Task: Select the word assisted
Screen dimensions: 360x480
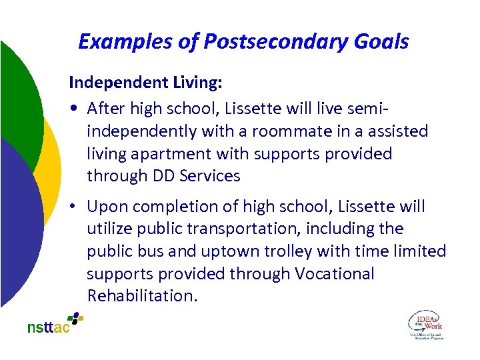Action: (395, 131)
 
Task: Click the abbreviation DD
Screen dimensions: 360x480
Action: (165, 177)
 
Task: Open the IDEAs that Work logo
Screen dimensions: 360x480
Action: (425, 325)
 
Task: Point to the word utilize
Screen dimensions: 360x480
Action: (109, 229)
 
